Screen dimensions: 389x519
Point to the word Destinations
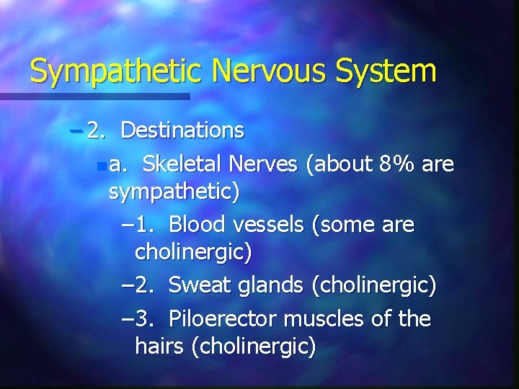pos(182,130)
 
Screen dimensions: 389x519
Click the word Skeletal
pos(183,165)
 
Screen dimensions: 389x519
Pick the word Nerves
pos(263,165)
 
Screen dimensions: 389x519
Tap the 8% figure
pos(398,165)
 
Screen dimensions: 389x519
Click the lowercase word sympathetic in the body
pos(174,193)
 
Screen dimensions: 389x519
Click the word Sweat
pos(198,286)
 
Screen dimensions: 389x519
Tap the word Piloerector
pos(223,318)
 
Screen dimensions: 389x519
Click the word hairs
pos(159,346)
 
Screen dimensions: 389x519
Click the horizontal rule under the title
pos(94,96)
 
